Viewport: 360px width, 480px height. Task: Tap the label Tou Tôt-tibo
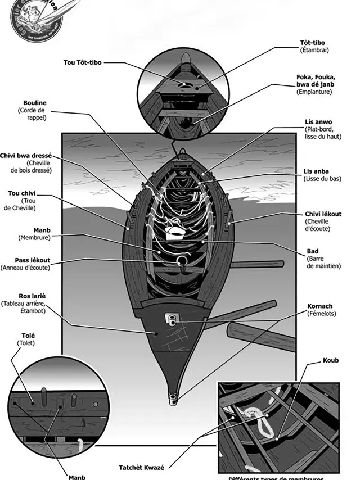82,62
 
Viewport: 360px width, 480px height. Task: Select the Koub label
331,360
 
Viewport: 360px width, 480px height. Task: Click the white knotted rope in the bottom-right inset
256,417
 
